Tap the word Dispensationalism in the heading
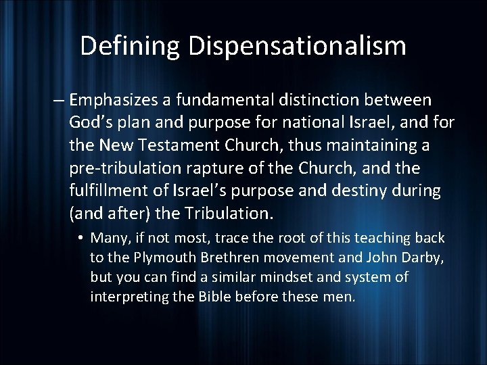pos(298,46)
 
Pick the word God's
pos(90,124)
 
